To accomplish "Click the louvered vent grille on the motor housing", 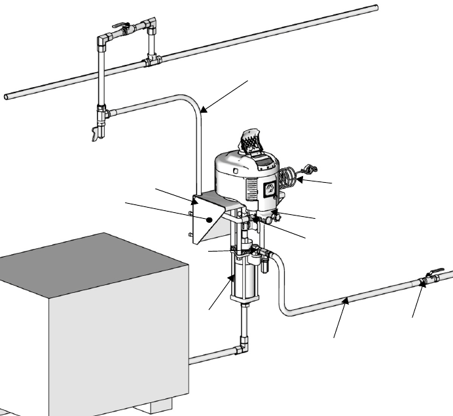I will pos(253,191).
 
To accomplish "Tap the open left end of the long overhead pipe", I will pos(7,97).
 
